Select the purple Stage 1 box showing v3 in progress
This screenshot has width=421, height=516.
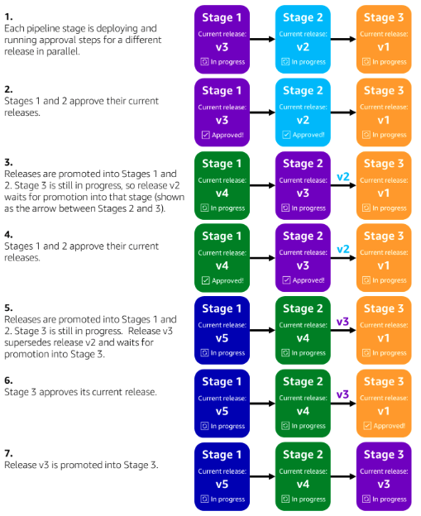point(222,39)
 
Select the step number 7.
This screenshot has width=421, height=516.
point(8,452)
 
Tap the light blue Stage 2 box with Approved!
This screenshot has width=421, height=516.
point(303,112)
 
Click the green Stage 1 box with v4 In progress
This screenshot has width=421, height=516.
point(222,184)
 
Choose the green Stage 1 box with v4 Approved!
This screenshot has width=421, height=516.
point(222,257)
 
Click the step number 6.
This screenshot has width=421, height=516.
point(8,380)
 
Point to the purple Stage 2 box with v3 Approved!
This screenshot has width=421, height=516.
point(303,257)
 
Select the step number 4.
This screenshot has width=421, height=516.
point(8,234)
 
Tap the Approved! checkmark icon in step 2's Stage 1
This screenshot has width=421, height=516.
point(204,135)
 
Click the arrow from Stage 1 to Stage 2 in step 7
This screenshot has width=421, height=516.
point(262,475)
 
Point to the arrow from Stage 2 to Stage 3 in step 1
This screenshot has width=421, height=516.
point(343,39)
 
